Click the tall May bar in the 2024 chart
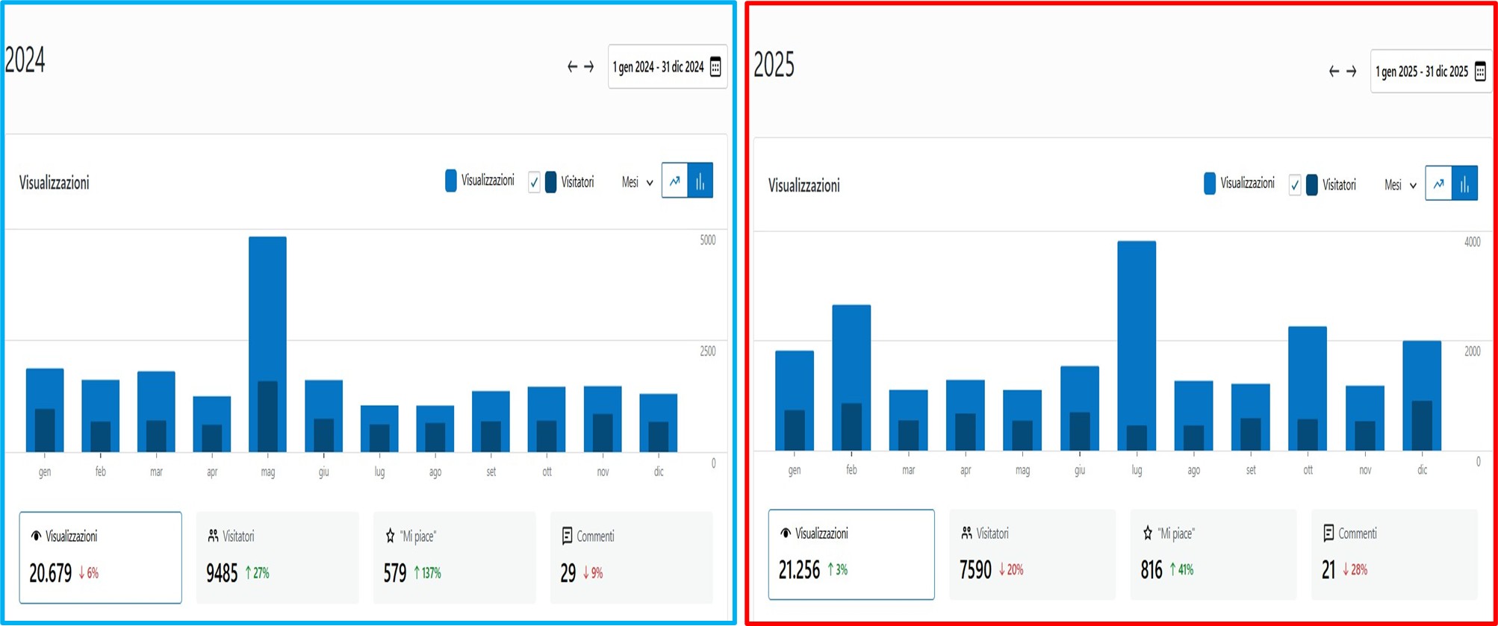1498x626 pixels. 267,313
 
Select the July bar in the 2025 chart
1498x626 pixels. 1137,328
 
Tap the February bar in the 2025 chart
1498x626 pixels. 851,358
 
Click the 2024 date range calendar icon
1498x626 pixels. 715,67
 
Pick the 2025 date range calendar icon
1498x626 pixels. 1480,72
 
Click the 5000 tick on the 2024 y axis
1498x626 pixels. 707,240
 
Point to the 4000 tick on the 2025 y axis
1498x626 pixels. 1472,242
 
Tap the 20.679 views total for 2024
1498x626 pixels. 50,573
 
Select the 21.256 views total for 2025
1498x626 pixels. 799,570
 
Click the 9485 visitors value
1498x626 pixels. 222,573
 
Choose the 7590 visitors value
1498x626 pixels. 975,570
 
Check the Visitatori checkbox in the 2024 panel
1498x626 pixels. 534,182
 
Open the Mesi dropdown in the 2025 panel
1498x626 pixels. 1400,185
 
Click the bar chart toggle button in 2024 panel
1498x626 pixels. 700,181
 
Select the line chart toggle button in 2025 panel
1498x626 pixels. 1438,184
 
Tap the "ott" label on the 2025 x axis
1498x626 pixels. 1308,470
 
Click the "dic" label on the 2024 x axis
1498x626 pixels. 659,472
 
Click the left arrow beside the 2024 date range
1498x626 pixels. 572,67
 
